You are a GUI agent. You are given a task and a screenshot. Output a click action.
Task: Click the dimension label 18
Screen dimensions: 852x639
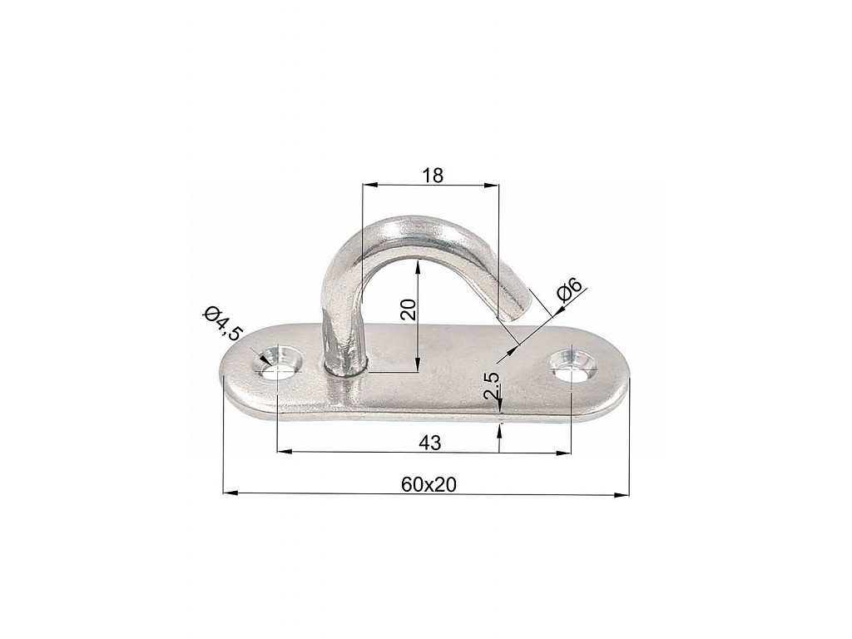click(433, 175)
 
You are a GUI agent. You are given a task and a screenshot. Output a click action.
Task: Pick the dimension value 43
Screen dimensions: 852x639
click(430, 443)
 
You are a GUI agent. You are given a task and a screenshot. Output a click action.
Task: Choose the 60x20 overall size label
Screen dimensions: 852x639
click(428, 483)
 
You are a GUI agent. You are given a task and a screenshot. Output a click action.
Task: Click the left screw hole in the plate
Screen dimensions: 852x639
click(278, 367)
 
